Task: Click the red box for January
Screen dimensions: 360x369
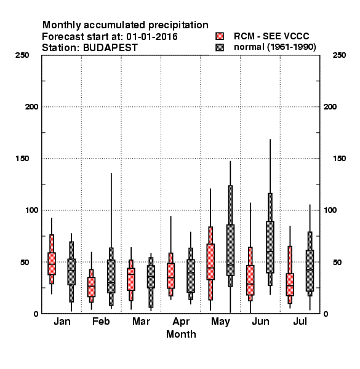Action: (52, 264)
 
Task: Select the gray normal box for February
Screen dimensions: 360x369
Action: (111, 277)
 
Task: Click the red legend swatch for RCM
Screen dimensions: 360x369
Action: (220, 36)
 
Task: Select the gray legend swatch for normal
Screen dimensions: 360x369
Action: (220, 47)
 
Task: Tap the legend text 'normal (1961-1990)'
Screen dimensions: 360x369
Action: (274, 47)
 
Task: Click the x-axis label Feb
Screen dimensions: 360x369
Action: (101, 321)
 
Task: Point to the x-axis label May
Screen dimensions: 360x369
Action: (220, 322)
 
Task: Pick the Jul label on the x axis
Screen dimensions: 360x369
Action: (300, 321)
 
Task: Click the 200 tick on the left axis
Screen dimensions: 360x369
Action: (31, 107)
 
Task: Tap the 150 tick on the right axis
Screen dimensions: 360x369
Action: (339, 159)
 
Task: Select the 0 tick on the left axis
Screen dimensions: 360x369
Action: (36, 314)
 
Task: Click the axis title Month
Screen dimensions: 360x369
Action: (181, 334)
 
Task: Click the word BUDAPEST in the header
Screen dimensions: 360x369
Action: (110, 48)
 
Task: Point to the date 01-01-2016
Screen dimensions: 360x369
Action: (152, 37)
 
